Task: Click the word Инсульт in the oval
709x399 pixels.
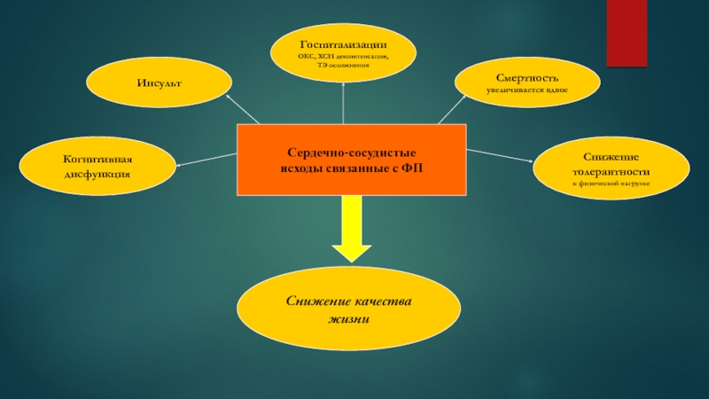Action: [x=159, y=82]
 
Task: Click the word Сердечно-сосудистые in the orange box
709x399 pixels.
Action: [x=351, y=153]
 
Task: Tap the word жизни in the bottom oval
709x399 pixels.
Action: [x=347, y=319]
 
